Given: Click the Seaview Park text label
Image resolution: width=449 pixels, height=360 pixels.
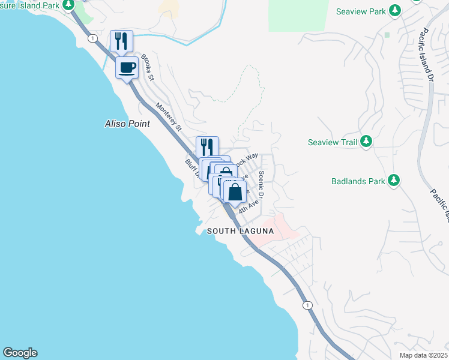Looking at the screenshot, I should coord(361,11).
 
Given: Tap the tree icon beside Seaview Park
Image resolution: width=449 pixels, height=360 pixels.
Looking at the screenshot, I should coord(394,11).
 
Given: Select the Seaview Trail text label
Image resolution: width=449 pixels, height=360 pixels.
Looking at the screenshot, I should coord(332,142).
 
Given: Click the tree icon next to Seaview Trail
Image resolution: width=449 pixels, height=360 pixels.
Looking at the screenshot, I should coord(366,142).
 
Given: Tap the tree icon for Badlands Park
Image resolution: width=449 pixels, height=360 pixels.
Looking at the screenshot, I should coord(394,180).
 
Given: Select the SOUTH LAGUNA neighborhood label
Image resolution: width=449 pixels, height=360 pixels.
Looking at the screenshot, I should coord(240,232).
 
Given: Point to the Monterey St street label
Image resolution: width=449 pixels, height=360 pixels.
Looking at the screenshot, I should coord(169,117).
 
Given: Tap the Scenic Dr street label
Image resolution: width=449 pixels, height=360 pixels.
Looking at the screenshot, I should coord(261,184).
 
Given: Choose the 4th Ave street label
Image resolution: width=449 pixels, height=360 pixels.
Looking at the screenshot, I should coord(248,207).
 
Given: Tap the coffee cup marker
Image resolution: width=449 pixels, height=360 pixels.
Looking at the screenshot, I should coord(127,67).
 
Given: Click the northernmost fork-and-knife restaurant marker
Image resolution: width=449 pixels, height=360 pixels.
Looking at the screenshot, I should coord(121,41).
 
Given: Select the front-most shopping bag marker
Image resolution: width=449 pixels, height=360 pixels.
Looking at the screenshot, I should coord(235,192).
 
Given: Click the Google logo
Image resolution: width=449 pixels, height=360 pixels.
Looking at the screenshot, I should coord(20,353).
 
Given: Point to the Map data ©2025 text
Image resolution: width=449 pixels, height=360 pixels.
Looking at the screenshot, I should coord(423,355).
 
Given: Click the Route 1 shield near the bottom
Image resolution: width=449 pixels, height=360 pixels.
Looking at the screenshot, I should coord(307,305).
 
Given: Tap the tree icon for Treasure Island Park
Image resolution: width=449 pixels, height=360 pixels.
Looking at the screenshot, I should coord(69,5).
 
